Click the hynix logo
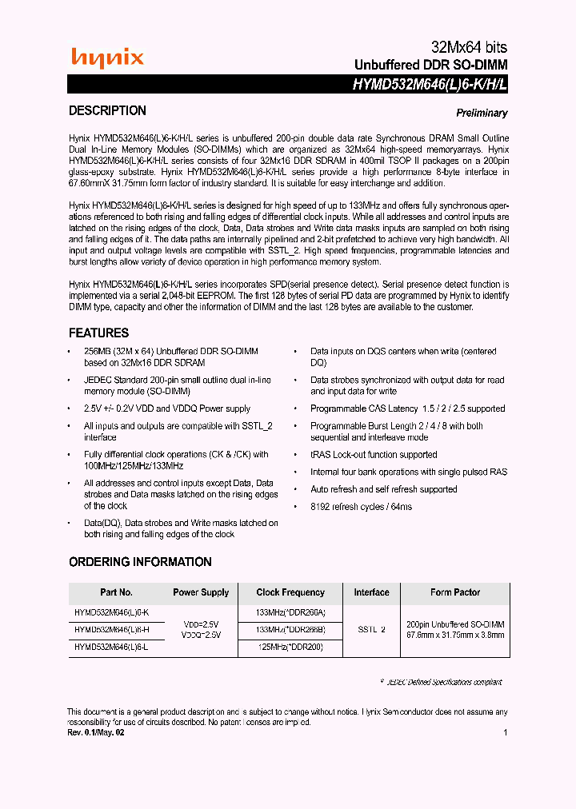point(107,58)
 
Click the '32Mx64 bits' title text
point(464,47)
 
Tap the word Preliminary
point(482,114)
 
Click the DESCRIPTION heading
point(107,111)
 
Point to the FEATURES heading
point(98,333)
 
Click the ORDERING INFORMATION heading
point(140,562)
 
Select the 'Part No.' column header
point(116,593)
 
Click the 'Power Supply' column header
point(201,593)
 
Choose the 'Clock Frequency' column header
point(290,593)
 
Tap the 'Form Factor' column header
point(455,593)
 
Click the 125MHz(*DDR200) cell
point(290,647)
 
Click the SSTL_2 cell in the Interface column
point(371,630)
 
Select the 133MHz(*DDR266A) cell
point(290,612)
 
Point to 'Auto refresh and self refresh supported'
point(384,489)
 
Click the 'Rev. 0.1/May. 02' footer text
point(95,731)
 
